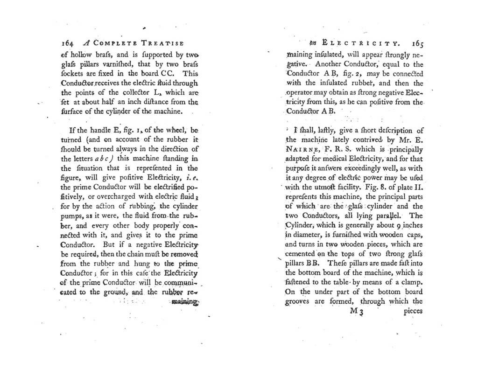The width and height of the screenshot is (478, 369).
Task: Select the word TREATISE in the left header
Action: click(161, 42)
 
